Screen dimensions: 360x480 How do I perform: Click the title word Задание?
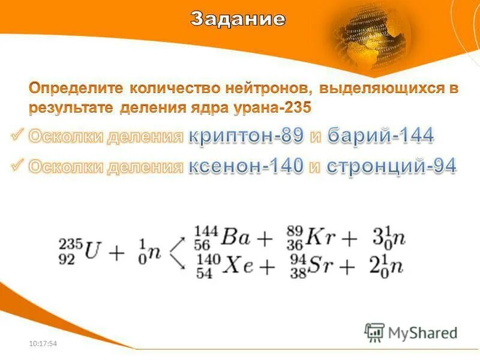[x=238, y=19]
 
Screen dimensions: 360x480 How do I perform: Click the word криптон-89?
[x=247, y=137]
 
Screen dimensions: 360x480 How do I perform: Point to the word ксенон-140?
[x=247, y=166]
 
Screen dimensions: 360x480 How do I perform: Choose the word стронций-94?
[x=391, y=166]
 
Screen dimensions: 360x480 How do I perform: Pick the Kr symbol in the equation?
[x=321, y=238]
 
